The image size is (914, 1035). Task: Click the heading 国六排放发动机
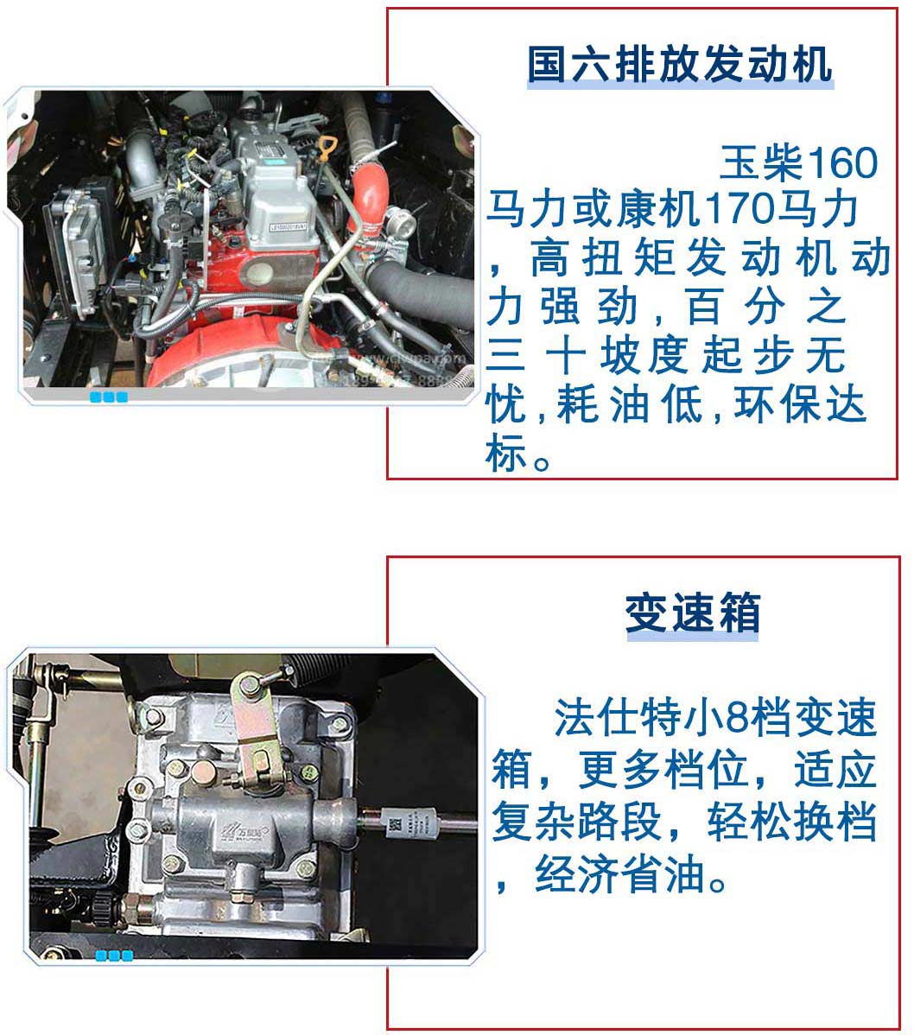680,65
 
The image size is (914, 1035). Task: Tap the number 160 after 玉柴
842,162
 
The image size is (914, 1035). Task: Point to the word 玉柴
762,162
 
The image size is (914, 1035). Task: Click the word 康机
659,209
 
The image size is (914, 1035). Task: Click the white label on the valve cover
288,228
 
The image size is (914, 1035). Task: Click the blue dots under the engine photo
109,397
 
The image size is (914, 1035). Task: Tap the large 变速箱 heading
692,614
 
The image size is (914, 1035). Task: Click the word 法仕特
619,718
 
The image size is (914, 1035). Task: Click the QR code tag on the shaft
394,825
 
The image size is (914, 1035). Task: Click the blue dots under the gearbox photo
114,956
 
